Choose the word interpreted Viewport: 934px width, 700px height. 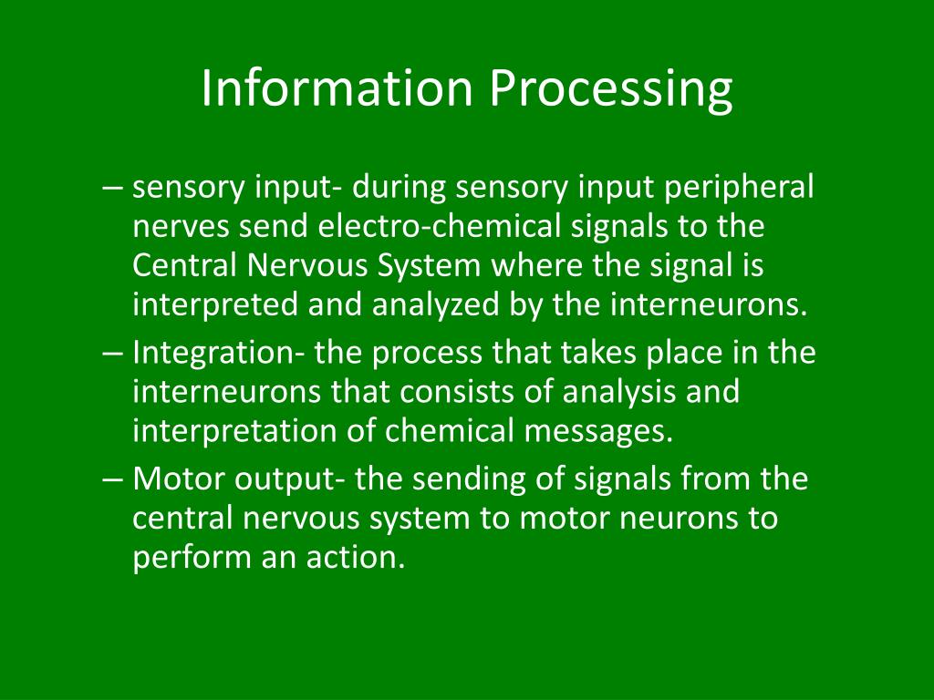click(215, 304)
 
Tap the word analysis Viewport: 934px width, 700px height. click(613, 392)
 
